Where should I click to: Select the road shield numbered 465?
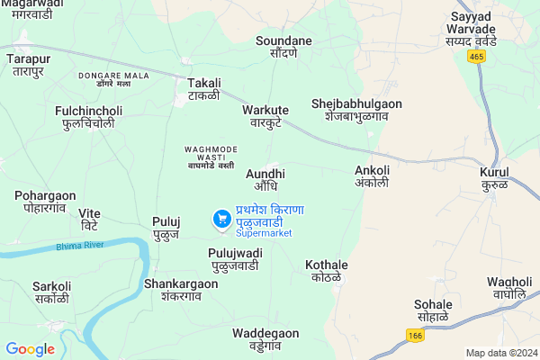pos(476,56)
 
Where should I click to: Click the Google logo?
pos(30,349)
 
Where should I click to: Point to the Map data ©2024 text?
pos(500,352)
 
